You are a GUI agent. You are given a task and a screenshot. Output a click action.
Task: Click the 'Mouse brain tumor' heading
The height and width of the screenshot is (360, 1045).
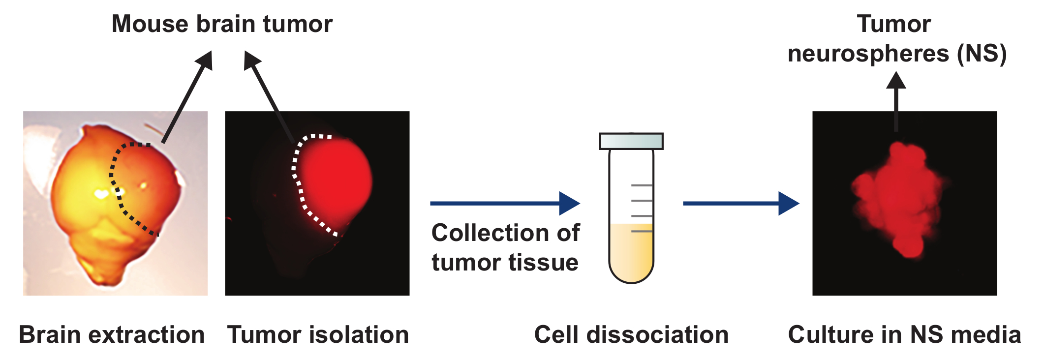pos(222,24)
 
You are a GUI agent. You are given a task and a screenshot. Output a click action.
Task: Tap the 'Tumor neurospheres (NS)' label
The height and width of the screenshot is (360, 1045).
pos(896,39)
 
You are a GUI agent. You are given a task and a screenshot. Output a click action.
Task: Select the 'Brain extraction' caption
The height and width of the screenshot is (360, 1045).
pos(112,335)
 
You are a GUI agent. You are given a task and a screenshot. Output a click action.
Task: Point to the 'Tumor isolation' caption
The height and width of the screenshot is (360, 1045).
pos(318,335)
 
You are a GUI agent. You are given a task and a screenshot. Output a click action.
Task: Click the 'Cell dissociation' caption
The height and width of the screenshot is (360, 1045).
pos(631,335)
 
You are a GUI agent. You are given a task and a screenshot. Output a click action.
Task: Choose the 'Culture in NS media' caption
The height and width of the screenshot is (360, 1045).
pos(904,335)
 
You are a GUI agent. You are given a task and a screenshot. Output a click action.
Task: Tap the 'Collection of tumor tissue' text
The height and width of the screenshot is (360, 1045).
pos(505,247)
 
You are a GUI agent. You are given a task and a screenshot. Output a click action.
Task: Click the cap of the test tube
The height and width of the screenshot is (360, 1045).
pos(631,141)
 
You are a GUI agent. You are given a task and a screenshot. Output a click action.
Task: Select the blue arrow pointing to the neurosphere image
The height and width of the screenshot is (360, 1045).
pos(740,203)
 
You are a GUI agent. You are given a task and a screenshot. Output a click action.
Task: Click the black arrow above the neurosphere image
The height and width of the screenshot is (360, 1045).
pos(896,101)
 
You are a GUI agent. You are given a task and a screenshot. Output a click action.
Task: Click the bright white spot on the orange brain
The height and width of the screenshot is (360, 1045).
pos(101,194)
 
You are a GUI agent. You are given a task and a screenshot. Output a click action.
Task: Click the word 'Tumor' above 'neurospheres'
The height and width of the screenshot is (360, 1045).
pos(893,24)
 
